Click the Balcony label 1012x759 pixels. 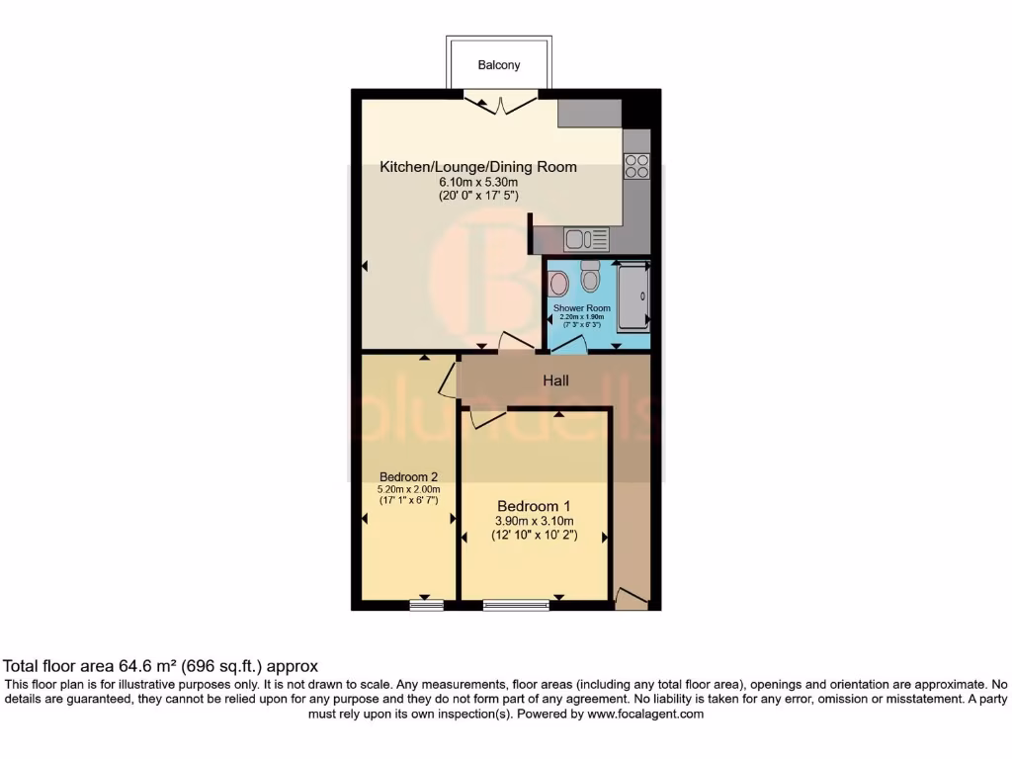coord(499,65)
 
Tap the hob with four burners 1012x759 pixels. coord(636,166)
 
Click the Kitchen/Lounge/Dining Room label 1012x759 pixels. coord(478,167)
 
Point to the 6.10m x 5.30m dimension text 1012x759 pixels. coord(478,182)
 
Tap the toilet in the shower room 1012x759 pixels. coord(591,277)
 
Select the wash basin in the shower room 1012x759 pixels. coord(558,284)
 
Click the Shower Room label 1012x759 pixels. coord(582,308)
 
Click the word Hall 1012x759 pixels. coord(555,380)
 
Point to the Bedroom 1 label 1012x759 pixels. coord(535,502)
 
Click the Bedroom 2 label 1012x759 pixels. coord(408,476)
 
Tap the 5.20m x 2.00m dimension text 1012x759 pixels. coord(408,488)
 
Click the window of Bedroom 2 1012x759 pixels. coord(426,606)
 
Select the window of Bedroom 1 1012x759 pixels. coord(516,606)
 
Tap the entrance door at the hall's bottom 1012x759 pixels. coord(631,598)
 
